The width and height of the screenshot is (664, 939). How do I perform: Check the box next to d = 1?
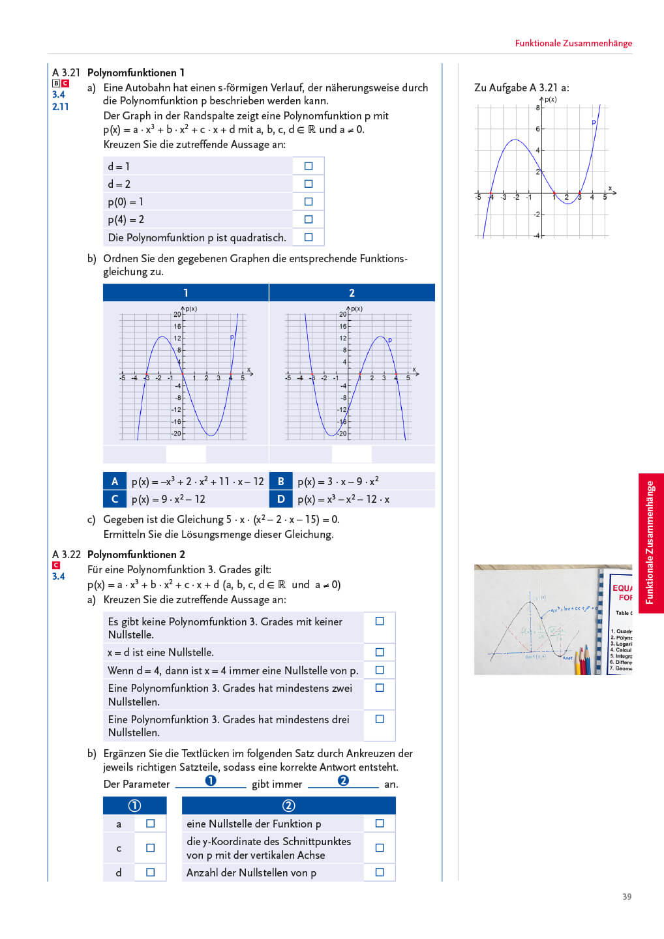coord(309,166)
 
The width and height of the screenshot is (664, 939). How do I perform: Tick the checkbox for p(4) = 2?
coord(309,220)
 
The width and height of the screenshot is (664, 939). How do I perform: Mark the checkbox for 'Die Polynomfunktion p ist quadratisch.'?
coord(309,237)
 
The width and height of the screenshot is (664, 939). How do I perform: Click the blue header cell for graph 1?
coord(186,293)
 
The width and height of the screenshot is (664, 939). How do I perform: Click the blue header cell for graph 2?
coord(352,293)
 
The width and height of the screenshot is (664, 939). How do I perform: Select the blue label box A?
coord(115,481)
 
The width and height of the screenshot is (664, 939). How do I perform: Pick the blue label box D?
coord(281,499)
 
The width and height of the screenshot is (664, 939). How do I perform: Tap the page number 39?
coord(627,897)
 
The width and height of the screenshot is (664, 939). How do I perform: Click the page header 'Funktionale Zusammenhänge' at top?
coord(573,43)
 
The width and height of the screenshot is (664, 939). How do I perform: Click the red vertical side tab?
coord(650,543)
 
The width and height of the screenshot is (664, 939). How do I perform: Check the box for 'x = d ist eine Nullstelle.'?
coord(380,652)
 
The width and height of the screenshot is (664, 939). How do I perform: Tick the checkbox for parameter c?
coord(151,848)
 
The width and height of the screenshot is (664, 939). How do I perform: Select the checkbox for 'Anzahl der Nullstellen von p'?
coord(380,872)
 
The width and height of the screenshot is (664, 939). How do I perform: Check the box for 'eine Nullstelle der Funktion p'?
coord(380,824)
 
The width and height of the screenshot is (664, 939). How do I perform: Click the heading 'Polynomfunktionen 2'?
coord(136,554)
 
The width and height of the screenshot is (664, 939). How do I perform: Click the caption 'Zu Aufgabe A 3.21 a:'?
coord(522,87)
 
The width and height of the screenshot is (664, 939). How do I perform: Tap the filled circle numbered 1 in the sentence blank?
coord(211,781)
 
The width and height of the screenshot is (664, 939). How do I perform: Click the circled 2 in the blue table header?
coord(288,805)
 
